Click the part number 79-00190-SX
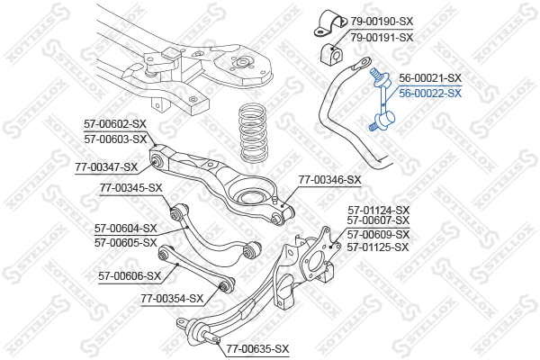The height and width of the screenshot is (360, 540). pos(382,21)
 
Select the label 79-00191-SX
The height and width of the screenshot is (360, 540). pos(382,37)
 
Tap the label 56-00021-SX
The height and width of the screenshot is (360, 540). pos(430,78)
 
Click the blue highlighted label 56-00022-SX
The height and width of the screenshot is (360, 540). pos(430,93)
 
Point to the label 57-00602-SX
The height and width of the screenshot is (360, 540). pos(114,124)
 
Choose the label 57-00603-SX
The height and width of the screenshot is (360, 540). pos(114,139)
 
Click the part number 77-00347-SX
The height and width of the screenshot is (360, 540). pos(106,166)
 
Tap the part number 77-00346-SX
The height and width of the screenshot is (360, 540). pos(329,180)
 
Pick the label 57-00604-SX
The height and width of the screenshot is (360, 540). pos(125,229)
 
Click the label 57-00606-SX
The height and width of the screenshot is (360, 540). pos(129,276)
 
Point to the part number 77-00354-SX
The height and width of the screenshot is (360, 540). pos(172,298)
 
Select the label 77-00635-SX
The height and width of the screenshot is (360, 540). pos(257,348)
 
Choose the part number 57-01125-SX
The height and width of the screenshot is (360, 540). pos(378,247)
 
